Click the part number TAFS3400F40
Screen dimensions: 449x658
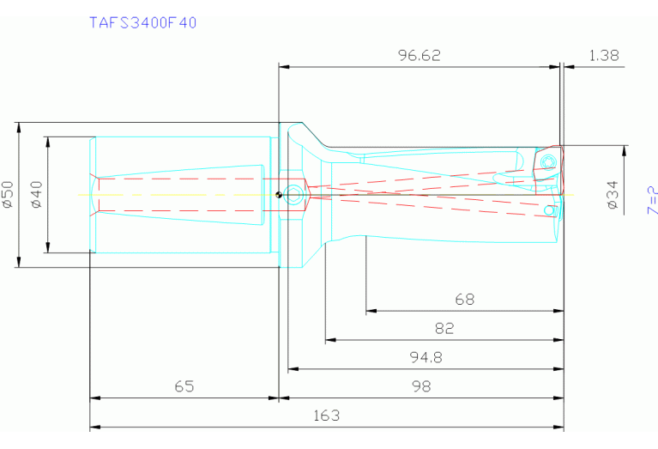143,23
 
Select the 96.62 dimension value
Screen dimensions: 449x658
420,56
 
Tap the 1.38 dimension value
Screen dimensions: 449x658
604,56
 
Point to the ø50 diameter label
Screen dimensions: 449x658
8,195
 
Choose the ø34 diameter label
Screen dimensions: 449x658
613,195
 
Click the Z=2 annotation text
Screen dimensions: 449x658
652,200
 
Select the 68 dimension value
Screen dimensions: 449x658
464,300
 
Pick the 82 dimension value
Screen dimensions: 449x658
444,328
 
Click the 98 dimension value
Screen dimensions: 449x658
420,386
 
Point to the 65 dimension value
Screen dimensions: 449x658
184,386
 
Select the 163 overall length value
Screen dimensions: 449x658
326,416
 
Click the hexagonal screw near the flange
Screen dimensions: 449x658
294,195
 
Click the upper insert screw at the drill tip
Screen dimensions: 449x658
546,162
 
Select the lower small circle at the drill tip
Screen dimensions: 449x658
548,209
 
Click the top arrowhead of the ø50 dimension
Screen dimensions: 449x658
18,126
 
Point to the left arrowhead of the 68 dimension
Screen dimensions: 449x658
370,312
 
